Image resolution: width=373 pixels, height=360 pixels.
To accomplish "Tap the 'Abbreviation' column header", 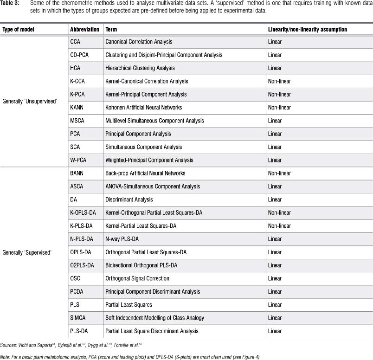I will pyautogui.click(x=84, y=29).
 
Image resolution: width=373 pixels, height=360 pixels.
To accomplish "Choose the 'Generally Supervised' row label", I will pyautogui.click(x=27, y=252).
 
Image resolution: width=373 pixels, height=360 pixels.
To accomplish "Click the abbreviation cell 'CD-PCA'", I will pyautogui.click(x=80, y=55).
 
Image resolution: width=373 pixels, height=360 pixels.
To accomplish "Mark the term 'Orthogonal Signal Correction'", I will pyautogui.click(x=137, y=278).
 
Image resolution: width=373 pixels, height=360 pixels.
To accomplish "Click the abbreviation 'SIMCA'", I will pyautogui.click(x=78, y=318).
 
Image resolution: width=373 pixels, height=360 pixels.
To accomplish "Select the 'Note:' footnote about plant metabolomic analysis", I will pyautogui.click(x=117, y=356).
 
